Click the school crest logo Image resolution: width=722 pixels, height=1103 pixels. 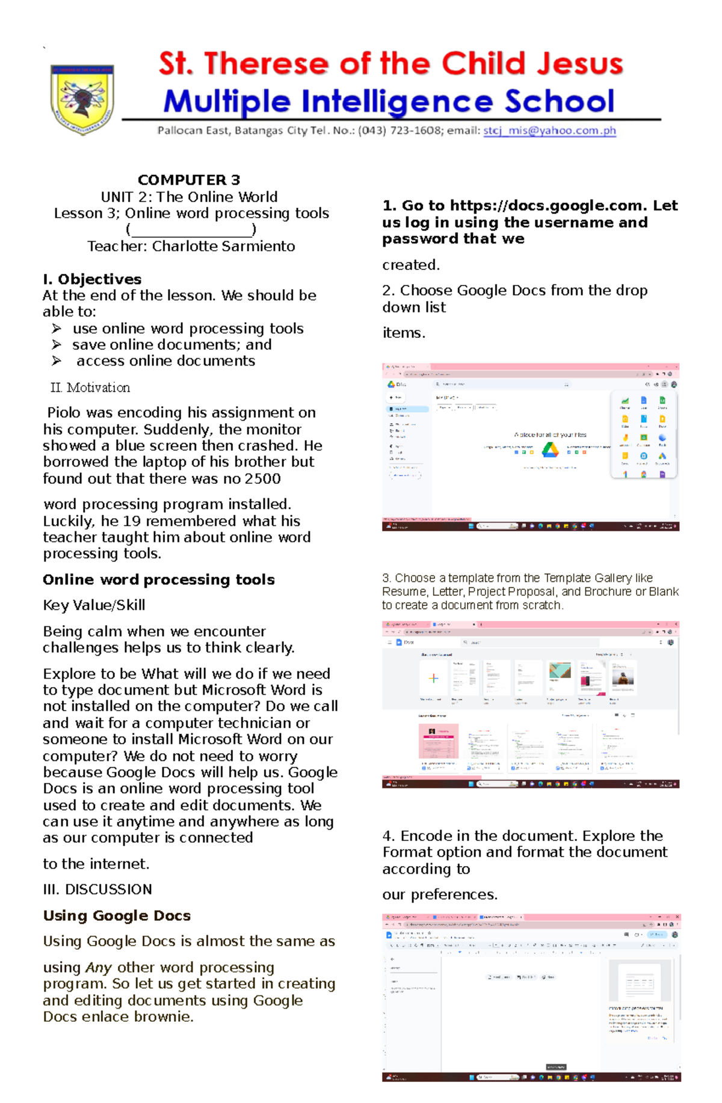click(82, 99)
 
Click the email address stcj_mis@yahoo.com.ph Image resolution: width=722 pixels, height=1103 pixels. click(549, 130)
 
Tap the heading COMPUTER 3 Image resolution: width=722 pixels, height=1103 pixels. click(189, 180)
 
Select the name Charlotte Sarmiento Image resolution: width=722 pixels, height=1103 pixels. click(223, 246)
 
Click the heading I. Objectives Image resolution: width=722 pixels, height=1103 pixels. click(92, 279)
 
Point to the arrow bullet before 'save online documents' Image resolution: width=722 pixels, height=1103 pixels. click(57, 344)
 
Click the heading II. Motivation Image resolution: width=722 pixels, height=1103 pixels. click(90, 388)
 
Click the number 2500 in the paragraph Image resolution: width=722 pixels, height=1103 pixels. click(262, 478)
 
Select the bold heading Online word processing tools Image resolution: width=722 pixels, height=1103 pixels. click(159, 579)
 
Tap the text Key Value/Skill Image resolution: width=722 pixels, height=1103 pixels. click(94, 605)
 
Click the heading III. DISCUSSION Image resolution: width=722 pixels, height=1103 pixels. click(97, 889)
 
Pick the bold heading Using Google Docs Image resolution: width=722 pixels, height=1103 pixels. click(117, 915)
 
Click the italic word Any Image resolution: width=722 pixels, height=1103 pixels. click(99, 967)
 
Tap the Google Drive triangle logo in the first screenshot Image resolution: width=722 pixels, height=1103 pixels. click(550, 450)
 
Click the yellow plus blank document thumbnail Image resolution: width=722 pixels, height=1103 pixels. click(433, 678)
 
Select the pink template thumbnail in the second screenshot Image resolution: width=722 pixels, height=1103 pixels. click(439, 742)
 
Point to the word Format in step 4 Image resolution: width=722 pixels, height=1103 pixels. click(410, 852)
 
